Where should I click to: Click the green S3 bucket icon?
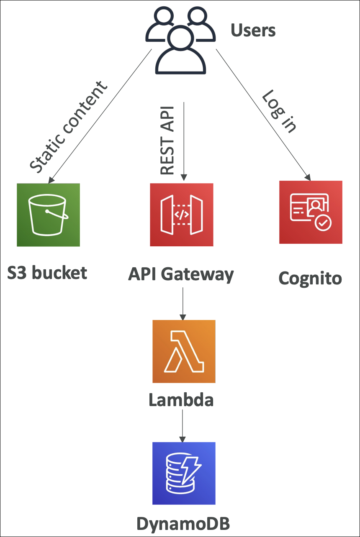tap(48, 215)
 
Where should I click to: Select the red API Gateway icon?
tap(182, 215)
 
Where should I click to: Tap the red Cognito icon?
tap(311, 212)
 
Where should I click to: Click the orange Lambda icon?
tap(184, 351)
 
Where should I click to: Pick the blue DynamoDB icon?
tap(184, 473)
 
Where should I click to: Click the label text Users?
tap(253, 30)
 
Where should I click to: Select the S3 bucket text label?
tap(47, 273)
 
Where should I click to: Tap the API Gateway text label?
tap(181, 274)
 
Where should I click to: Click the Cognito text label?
tap(310, 278)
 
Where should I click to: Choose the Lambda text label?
tap(181, 400)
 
